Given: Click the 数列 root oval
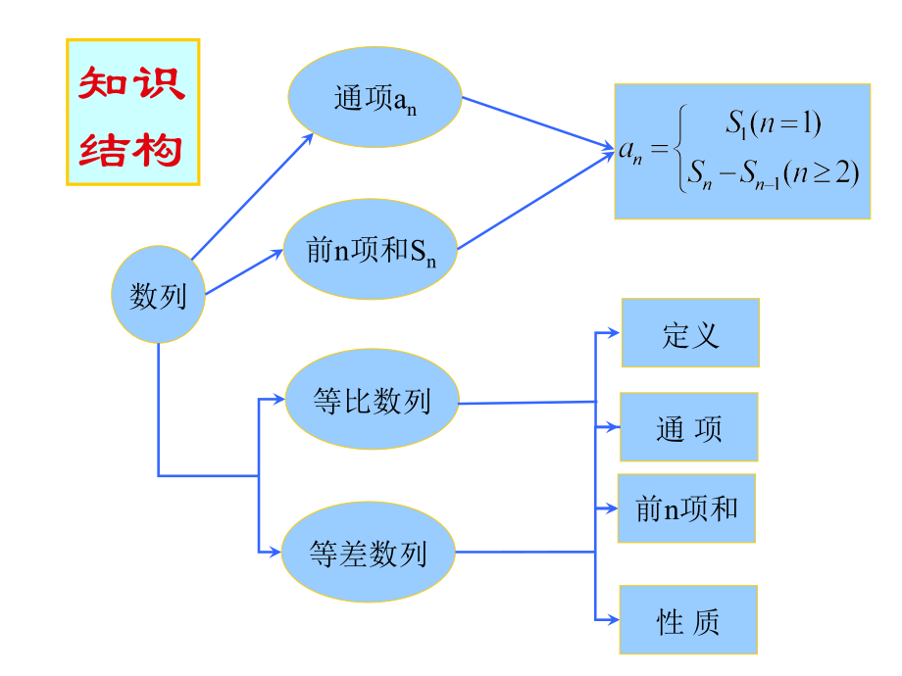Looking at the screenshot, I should pos(158,295).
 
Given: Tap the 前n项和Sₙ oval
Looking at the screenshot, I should pos(371,251).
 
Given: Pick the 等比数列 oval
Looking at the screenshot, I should pos(372,400).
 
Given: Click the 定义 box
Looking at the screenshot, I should pos(690,333).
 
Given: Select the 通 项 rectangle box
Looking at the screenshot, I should pos(688,427).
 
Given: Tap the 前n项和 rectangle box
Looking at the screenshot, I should pos(686,507).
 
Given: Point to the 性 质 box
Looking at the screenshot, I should pos(688,619).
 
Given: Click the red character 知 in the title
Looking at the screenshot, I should pos(104,83).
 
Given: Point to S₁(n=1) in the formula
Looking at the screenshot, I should pos(773,123).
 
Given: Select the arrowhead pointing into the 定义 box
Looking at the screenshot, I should pos(614,333).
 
